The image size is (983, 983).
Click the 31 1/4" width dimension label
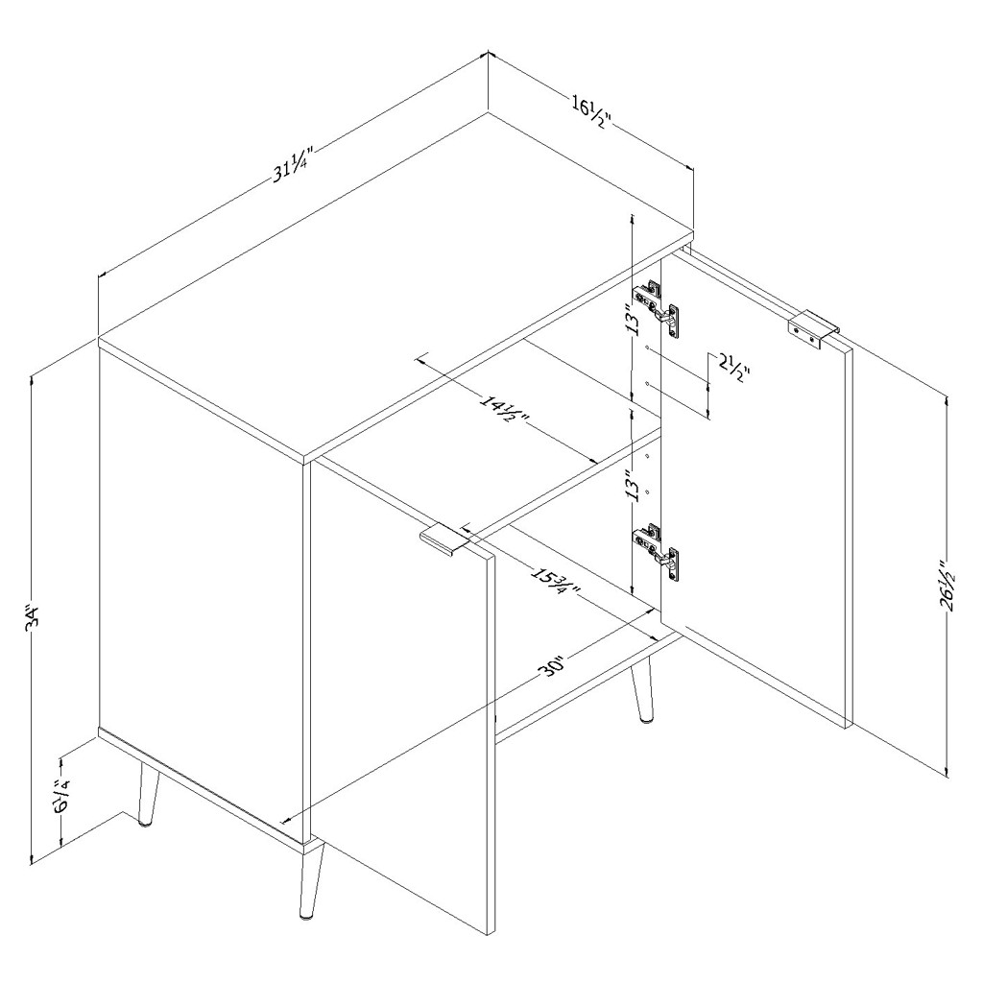coord(292,164)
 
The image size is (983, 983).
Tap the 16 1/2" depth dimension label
coord(590,111)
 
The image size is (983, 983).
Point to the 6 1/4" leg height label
coord(62,795)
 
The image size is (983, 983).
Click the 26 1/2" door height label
coord(947,592)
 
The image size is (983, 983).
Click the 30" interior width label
coord(554,668)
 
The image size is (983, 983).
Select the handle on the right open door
coord(812,328)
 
